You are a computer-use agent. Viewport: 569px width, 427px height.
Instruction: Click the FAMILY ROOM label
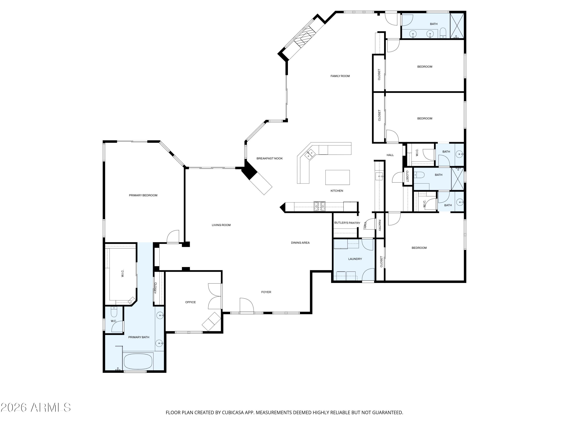pyautogui.click(x=340, y=76)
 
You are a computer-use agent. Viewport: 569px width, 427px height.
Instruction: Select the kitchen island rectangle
pyautogui.click(x=337, y=177)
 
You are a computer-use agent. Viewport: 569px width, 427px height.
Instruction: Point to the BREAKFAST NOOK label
pyautogui.click(x=269, y=158)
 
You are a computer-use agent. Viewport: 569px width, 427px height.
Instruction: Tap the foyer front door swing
pyautogui.click(x=246, y=306)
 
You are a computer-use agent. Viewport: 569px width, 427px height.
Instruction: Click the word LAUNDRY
pyautogui.click(x=355, y=259)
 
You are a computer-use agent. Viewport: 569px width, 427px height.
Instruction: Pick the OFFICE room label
pyautogui.click(x=190, y=302)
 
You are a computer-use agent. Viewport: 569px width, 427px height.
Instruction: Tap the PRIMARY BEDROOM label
pyautogui.click(x=143, y=195)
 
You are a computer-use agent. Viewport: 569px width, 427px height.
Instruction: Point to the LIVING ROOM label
pyautogui.click(x=221, y=225)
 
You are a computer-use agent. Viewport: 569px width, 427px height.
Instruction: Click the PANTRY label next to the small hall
pyautogui.click(x=379, y=225)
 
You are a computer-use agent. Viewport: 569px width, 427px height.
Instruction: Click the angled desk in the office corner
pyautogui.click(x=211, y=321)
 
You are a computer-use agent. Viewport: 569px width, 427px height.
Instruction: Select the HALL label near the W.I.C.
pyautogui.click(x=390, y=155)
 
